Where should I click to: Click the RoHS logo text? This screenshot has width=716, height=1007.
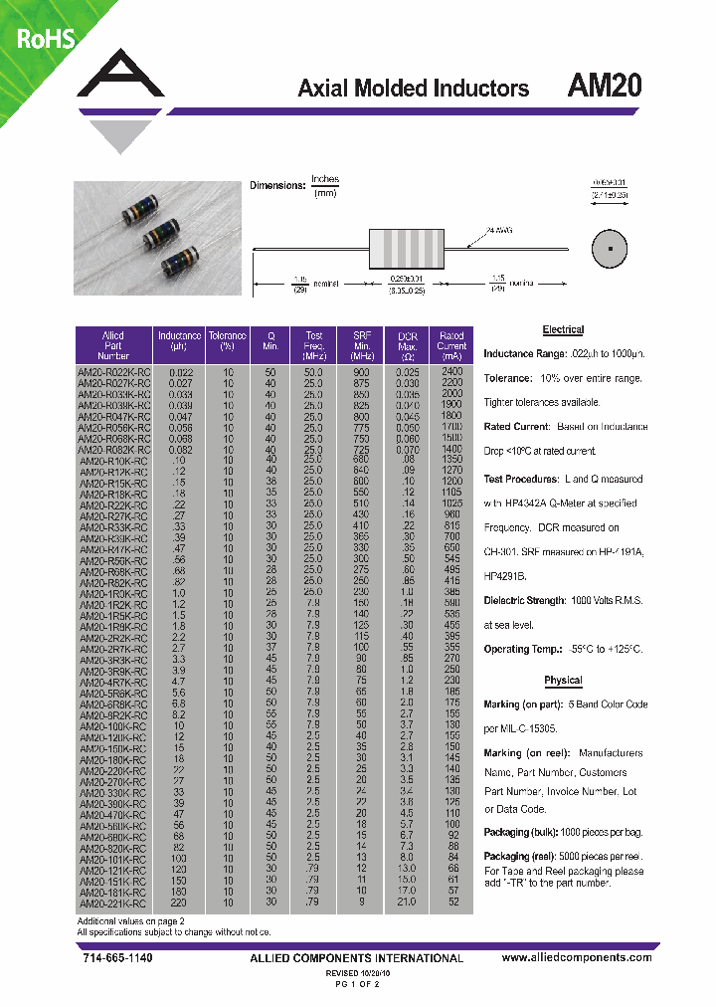click(x=42, y=38)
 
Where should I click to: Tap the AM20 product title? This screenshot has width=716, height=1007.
click(x=604, y=87)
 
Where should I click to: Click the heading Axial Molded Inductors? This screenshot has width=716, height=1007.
click(x=413, y=89)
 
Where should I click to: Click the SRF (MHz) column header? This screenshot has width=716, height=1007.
click(x=360, y=344)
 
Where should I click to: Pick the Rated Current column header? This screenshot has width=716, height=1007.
click(x=451, y=344)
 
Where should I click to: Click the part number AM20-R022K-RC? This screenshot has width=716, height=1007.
click(x=113, y=370)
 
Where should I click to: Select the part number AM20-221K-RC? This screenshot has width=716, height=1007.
click(x=113, y=903)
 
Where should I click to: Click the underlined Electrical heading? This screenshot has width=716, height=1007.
click(x=563, y=329)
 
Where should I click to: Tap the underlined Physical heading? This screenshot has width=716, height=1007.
click(x=563, y=681)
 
